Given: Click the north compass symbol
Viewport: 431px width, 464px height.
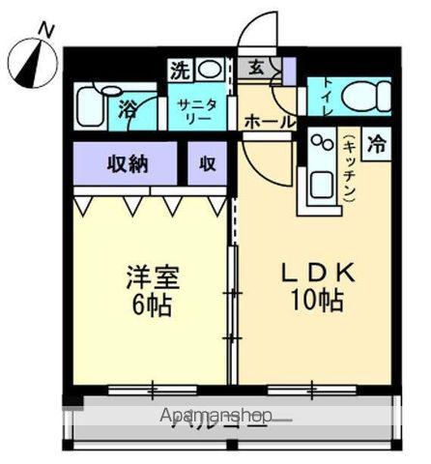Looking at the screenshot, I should tap(31, 63).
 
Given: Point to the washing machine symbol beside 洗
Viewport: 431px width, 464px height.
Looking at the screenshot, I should tap(209, 70).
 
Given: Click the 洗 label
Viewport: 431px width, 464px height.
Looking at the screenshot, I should tap(180, 70).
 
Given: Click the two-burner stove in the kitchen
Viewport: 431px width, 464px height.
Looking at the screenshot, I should tap(320, 146).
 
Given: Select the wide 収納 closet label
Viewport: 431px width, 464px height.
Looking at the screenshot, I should tap(126, 163).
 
